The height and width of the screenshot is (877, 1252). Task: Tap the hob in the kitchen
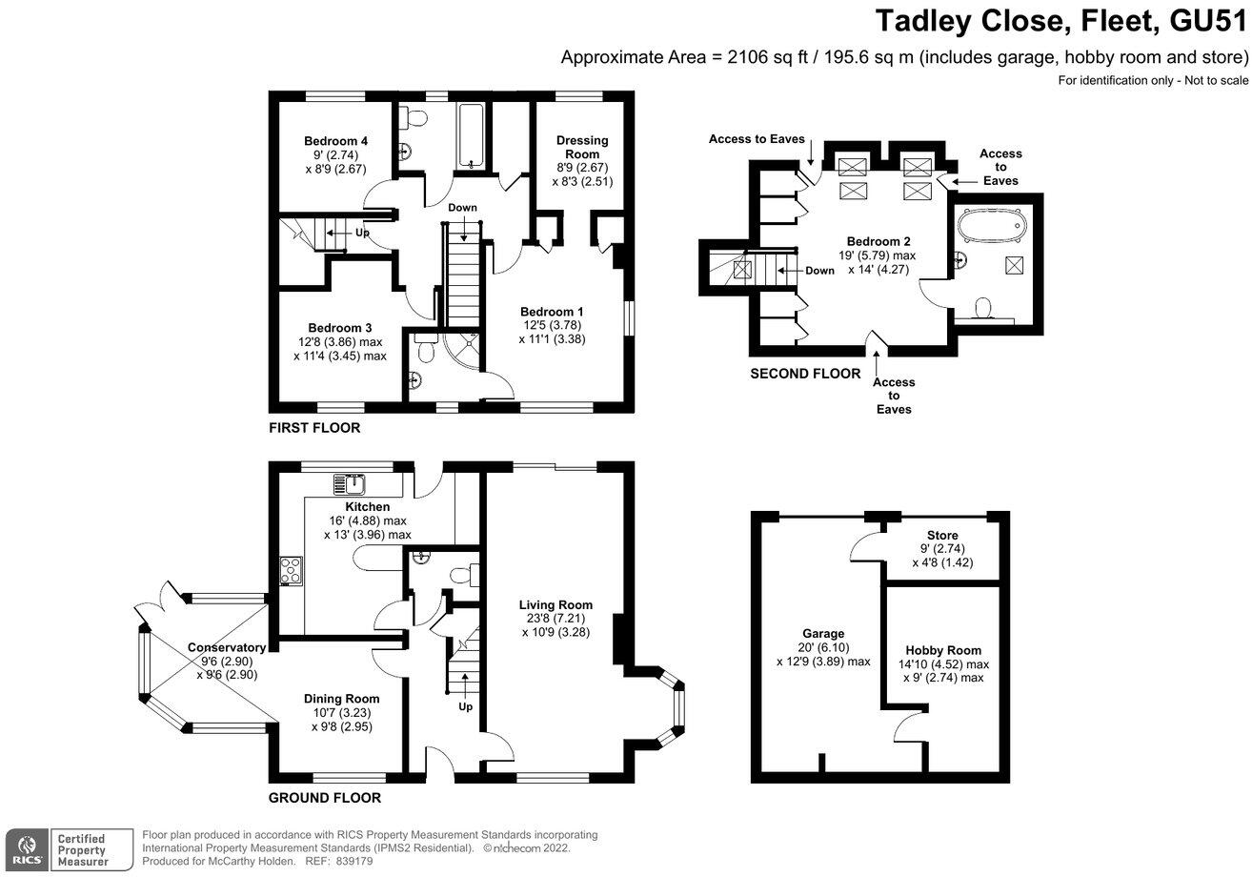pyautogui.click(x=290, y=571)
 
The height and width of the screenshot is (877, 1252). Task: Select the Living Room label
pyautogui.click(x=555, y=604)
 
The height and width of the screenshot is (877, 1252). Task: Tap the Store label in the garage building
pyautogui.click(x=942, y=535)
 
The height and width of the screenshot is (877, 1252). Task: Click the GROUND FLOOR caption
pyautogui.click(x=324, y=798)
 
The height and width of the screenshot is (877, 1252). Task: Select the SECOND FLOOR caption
pyautogui.click(x=805, y=374)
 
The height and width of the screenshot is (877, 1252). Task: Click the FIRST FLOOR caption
pyautogui.click(x=314, y=428)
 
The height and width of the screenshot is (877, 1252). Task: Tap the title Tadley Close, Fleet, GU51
pyautogui.click(x=1060, y=21)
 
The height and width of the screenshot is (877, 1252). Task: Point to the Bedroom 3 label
pyautogui.click(x=340, y=327)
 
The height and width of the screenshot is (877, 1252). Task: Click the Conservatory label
pyautogui.click(x=227, y=647)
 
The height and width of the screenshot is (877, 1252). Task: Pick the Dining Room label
pyautogui.click(x=341, y=698)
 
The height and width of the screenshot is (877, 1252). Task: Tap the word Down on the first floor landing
pyautogui.click(x=463, y=207)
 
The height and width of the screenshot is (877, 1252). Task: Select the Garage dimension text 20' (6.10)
pyautogui.click(x=823, y=647)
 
